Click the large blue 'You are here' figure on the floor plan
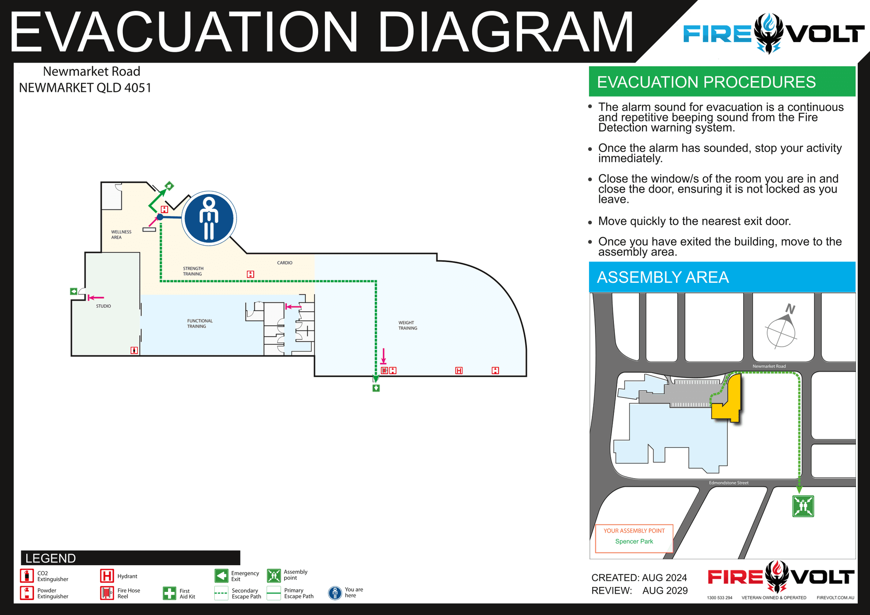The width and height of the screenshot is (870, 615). click(209, 218)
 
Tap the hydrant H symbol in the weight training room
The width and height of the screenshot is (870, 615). click(459, 371)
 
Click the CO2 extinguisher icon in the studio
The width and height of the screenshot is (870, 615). click(134, 350)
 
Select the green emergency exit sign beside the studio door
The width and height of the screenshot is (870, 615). click(73, 291)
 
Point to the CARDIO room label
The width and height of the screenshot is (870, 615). click(285, 263)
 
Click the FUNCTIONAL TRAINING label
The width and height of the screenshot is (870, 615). click(199, 324)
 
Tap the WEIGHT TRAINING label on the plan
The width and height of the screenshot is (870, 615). click(408, 325)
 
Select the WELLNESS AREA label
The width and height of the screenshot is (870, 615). click(121, 234)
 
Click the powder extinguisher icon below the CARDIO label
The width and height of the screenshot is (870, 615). click(251, 274)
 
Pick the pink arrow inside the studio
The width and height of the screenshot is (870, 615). click(96, 298)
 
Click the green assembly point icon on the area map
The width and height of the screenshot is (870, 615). click(803, 506)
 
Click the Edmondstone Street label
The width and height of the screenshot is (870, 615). click(729, 483)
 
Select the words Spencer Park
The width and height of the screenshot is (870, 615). click(634, 541)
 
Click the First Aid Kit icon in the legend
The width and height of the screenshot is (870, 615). click(169, 593)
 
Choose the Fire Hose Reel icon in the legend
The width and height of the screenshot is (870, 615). click(107, 593)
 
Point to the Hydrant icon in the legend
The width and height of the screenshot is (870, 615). click(107, 576)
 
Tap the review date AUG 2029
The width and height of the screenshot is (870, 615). click(665, 591)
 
